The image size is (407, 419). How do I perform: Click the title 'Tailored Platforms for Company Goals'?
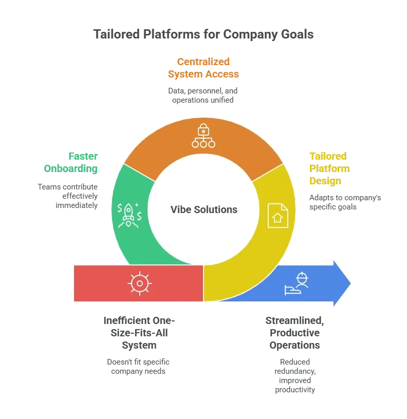pyautogui.click(x=203, y=34)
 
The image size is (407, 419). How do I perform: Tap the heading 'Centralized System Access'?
pyautogui.click(x=203, y=68)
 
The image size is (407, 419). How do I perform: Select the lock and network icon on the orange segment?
pyautogui.click(x=203, y=136)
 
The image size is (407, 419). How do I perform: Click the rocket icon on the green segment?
pyautogui.click(x=129, y=215)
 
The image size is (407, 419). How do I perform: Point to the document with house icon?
pyautogui.click(x=278, y=216)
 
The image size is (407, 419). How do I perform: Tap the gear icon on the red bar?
pyautogui.click(x=140, y=283)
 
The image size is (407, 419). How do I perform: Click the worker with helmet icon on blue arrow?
pyautogui.click(x=297, y=283)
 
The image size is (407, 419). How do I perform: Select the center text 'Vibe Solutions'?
pyautogui.click(x=204, y=210)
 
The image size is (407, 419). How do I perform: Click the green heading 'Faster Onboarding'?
pyautogui.click(x=71, y=162)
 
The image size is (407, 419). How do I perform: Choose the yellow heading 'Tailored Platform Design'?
pyautogui.click(x=329, y=168)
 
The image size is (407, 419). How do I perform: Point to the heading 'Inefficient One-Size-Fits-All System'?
pyautogui.click(x=139, y=333)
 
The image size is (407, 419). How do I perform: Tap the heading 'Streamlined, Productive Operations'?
pyautogui.click(x=294, y=333)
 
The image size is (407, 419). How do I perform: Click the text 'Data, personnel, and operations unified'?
pyautogui.click(x=202, y=96)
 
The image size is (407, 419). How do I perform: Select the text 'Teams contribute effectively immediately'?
pyautogui.click(x=68, y=196)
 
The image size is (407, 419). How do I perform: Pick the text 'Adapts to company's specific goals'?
pyautogui.click(x=345, y=202)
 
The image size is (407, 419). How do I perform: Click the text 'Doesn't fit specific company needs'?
pyautogui.click(x=138, y=366)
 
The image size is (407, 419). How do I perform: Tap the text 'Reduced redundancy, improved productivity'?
pyautogui.click(x=295, y=376)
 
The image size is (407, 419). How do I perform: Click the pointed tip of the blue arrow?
pyautogui.click(x=350, y=283)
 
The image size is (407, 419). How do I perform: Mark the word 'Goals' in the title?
pyautogui.click(x=297, y=34)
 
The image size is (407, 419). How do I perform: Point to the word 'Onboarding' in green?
pyautogui.click(x=71, y=168)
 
